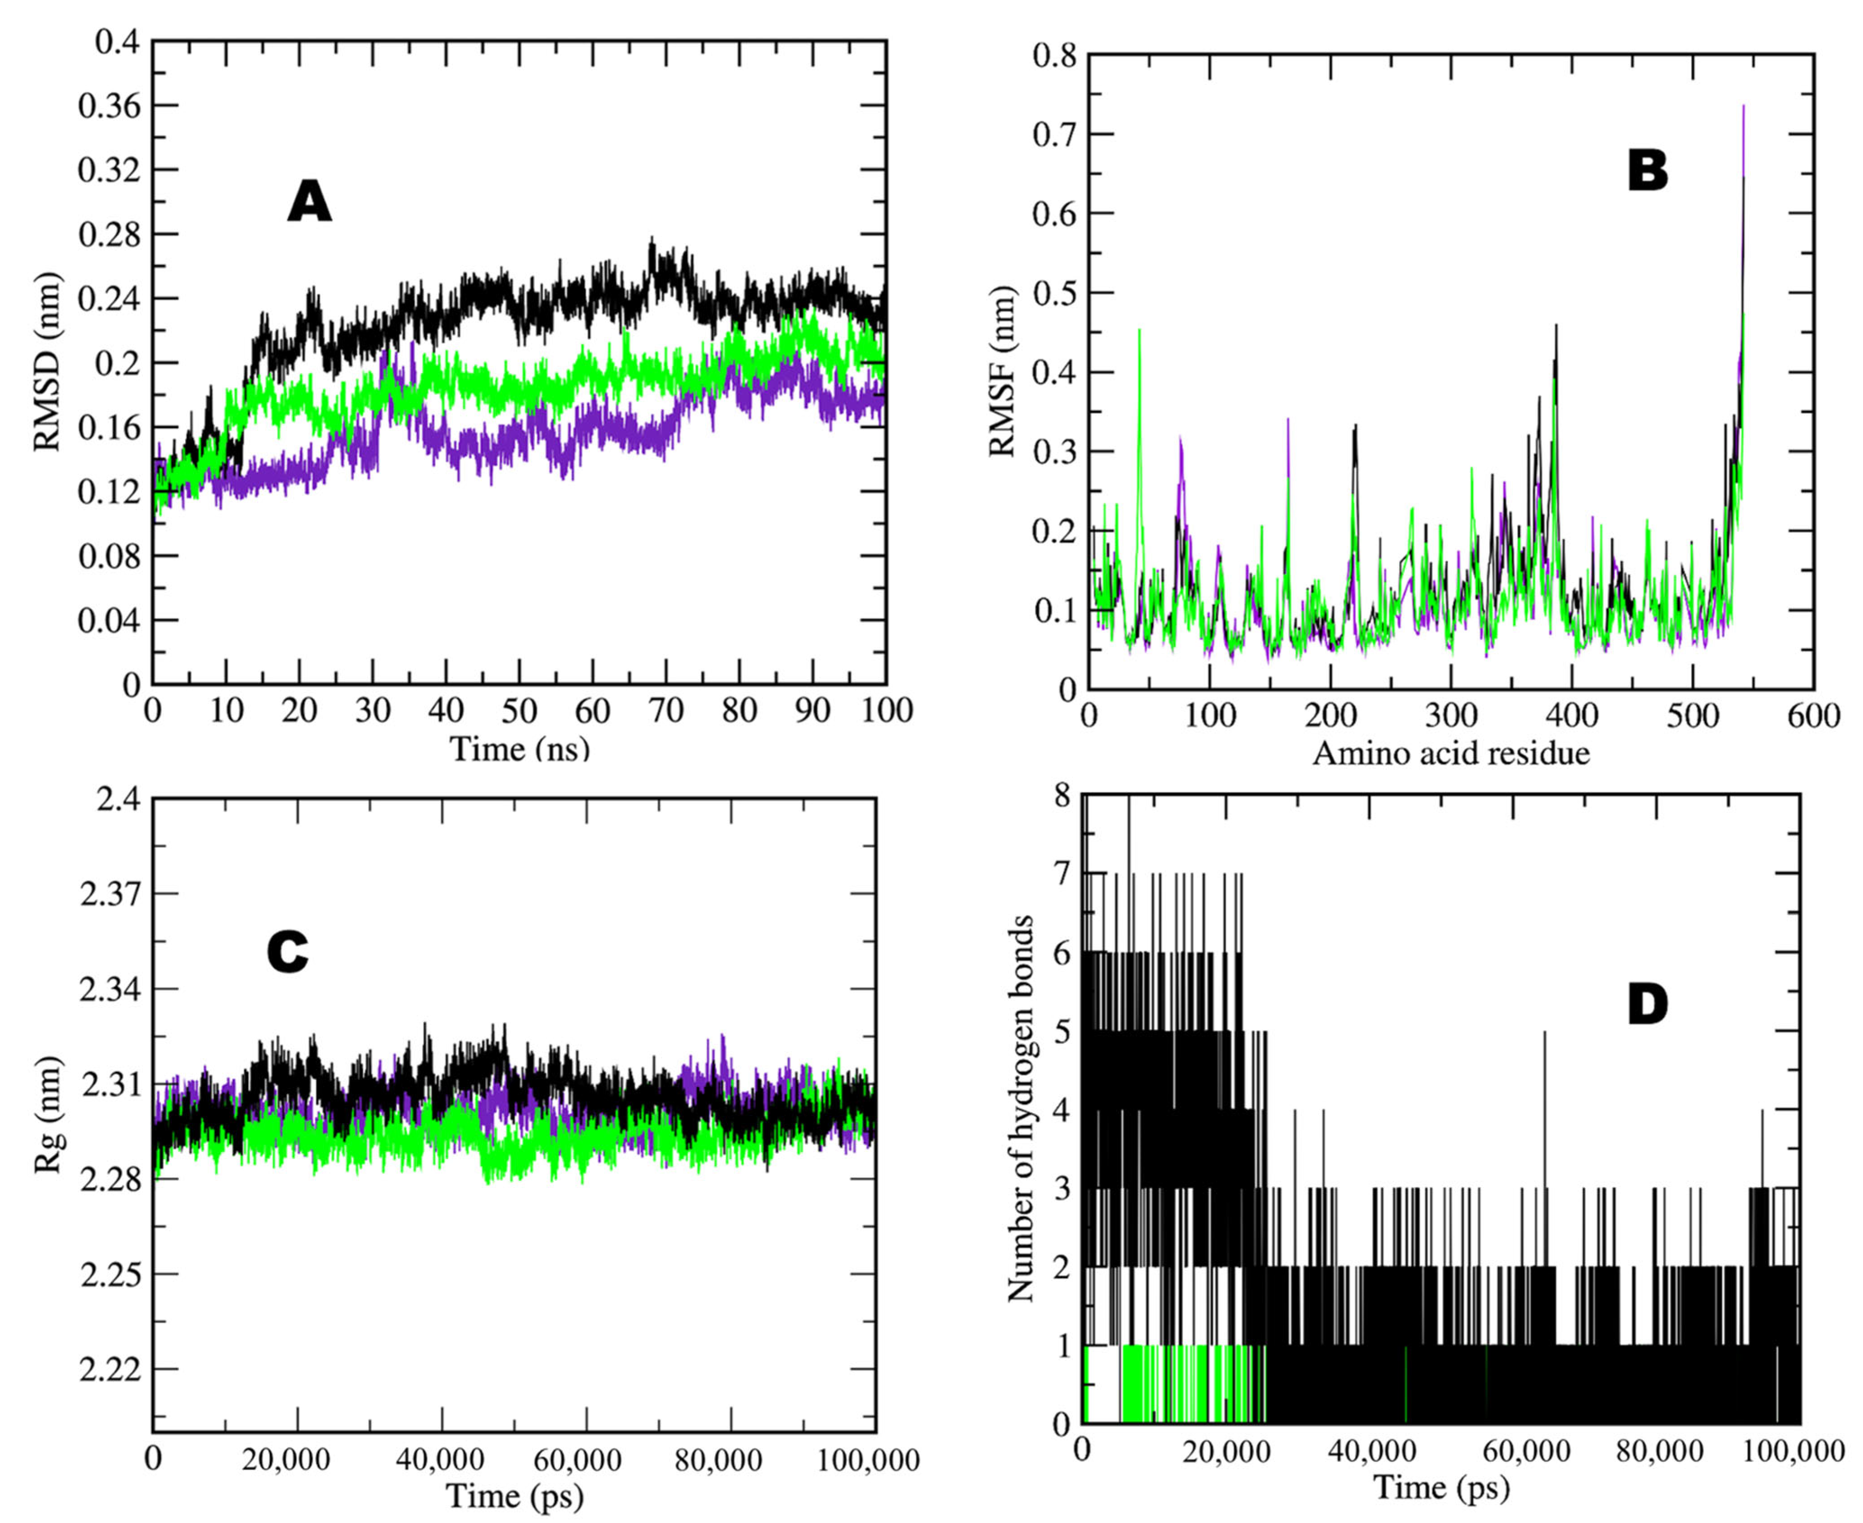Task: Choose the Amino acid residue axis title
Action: (1451, 753)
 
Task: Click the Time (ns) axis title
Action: (519, 748)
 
